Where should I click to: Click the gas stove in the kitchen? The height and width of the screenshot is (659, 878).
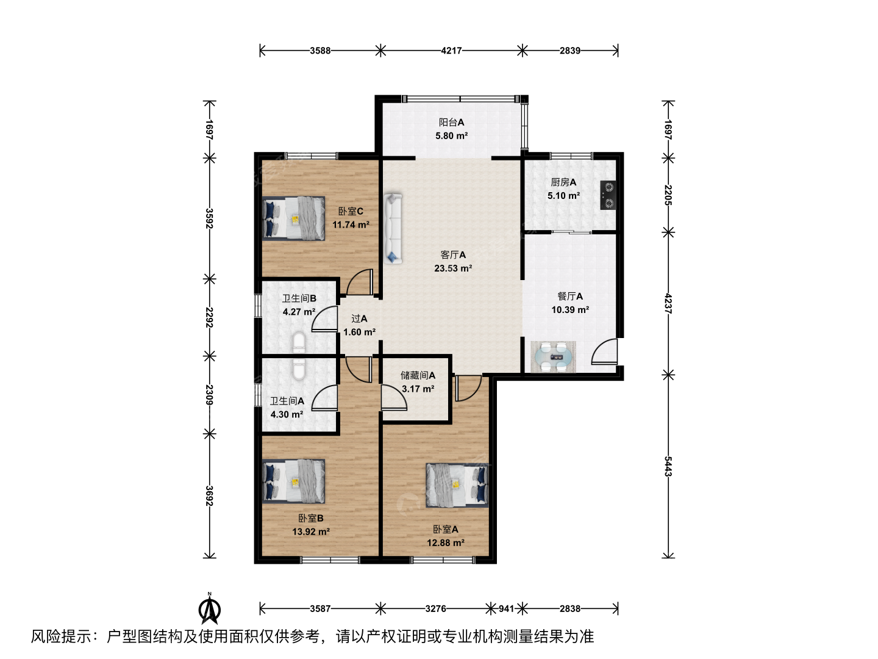point(608,195)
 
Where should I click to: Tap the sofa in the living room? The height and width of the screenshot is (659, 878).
point(393,228)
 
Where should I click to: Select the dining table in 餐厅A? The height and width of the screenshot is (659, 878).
point(553,357)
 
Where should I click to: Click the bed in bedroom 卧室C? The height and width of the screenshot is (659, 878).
point(294,218)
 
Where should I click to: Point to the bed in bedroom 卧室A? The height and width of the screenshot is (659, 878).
point(457,485)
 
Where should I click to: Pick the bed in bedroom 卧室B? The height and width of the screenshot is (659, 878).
point(294,481)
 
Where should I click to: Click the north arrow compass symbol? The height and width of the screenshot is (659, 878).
point(210,610)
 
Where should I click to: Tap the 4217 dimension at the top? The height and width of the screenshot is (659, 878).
point(451,51)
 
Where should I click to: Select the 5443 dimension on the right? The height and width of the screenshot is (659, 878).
point(668,466)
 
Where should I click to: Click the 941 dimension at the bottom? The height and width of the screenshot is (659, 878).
point(506,608)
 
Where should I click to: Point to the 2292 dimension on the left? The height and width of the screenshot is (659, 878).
point(209,317)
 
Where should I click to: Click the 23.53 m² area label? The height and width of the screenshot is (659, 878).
point(453,268)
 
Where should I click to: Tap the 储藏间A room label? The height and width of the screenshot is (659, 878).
point(418,375)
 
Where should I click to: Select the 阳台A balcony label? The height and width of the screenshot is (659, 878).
point(452,123)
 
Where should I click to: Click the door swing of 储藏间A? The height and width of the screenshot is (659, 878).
point(394,397)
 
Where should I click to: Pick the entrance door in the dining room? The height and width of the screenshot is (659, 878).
point(604,351)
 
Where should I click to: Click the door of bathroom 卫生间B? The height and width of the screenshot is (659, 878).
point(325,319)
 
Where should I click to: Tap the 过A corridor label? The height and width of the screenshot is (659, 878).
point(359,319)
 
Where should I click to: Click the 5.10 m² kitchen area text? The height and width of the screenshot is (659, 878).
point(563,196)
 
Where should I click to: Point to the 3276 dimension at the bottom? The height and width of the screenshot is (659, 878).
point(435,608)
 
